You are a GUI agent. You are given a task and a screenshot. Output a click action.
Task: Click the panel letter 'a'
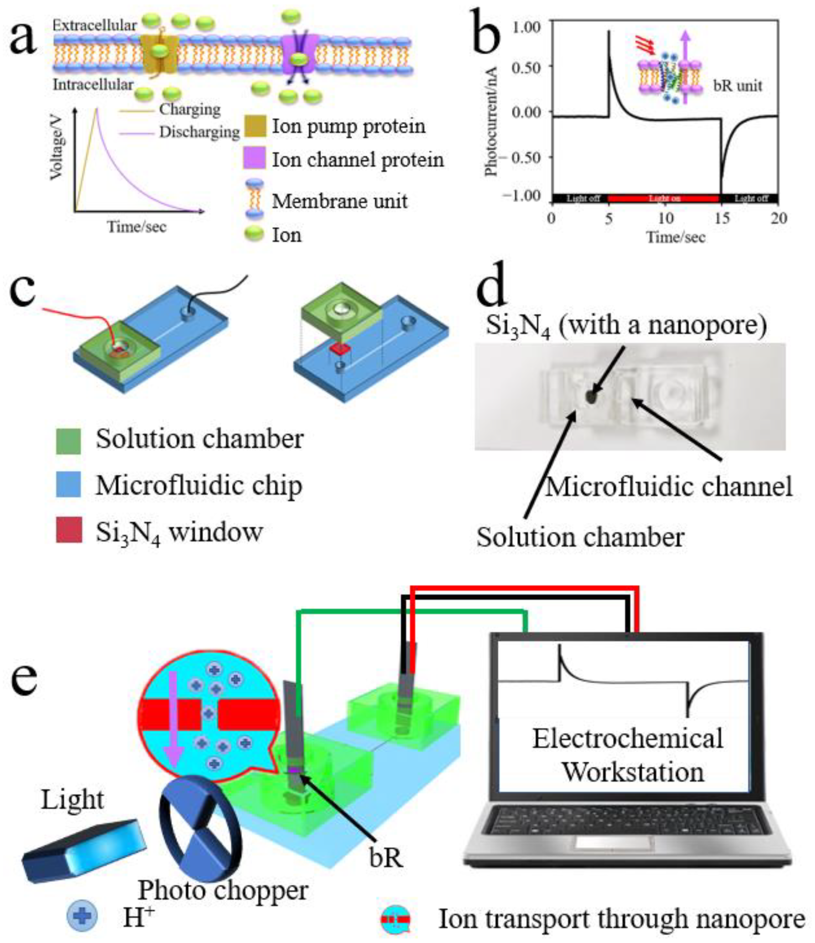tap(23, 39)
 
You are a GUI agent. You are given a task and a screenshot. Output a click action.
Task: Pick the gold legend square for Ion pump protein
tap(254, 126)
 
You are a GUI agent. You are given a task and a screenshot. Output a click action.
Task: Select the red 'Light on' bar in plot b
tap(664, 198)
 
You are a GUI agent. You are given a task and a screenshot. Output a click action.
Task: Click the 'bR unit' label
tap(737, 86)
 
